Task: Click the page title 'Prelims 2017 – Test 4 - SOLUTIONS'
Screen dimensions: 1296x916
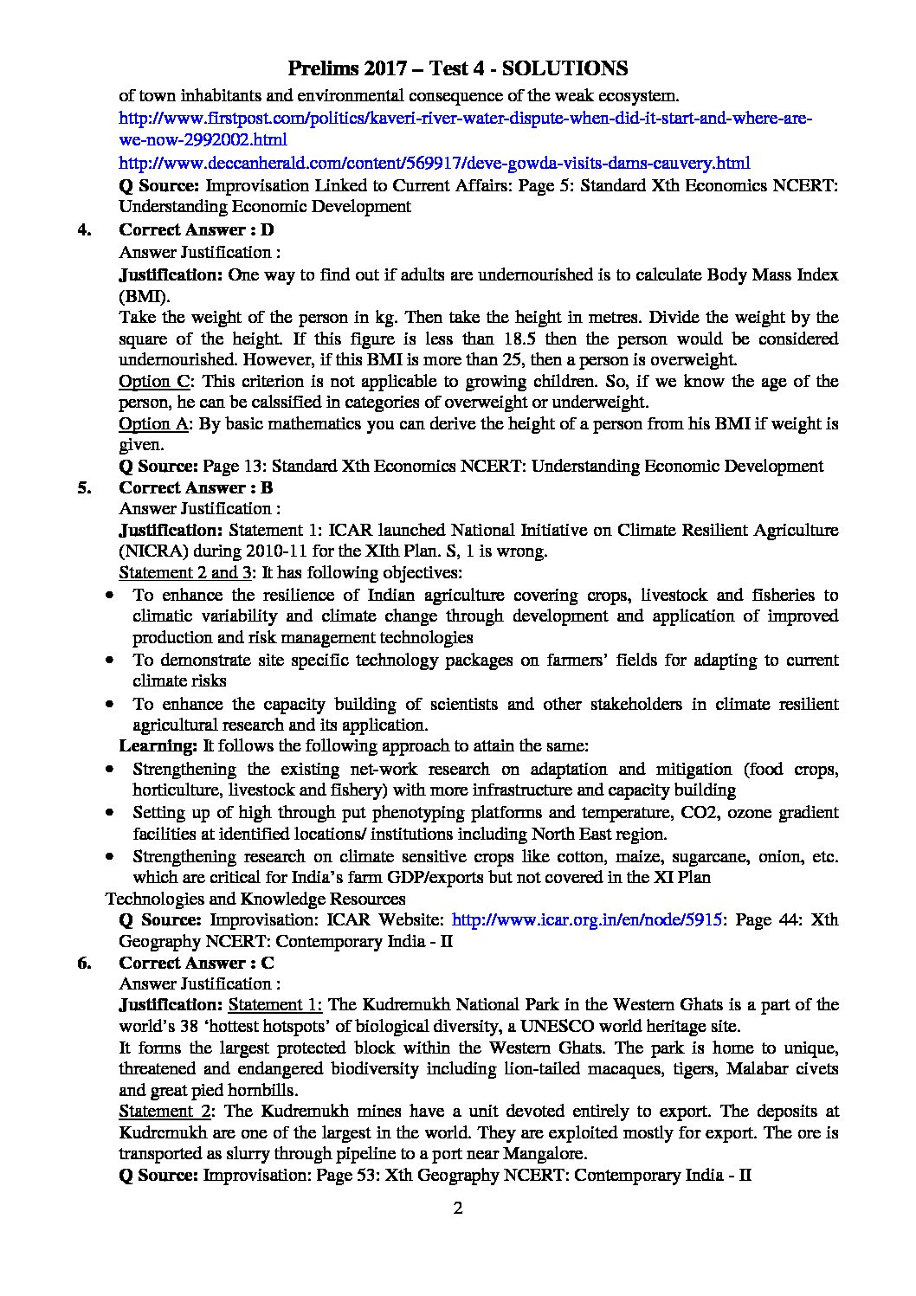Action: coord(457,68)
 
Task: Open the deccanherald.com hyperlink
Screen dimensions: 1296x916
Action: coord(434,163)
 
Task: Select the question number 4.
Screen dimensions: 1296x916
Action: coord(84,229)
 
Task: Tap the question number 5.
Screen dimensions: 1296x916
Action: coord(84,487)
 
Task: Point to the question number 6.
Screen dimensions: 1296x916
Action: coord(84,963)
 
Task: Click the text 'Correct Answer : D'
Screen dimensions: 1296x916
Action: coord(196,229)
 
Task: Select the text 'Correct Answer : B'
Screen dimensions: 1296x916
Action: coord(196,487)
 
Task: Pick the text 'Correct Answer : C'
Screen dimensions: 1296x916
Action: coord(197,963)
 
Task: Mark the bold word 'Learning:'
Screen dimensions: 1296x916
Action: coord(158,745)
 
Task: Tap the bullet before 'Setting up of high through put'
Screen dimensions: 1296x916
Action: coord(109,814)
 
